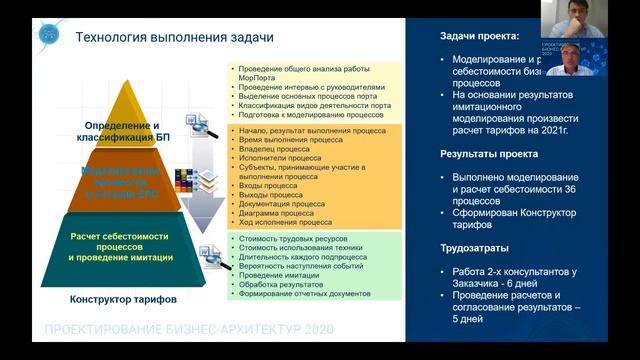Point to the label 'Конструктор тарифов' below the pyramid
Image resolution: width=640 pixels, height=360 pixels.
point(119,299)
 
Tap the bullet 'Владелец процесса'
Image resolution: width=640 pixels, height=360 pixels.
point(273,149)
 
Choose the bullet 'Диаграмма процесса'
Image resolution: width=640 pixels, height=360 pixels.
point(277,212)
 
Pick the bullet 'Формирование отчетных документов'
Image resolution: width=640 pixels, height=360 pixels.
point(304,294)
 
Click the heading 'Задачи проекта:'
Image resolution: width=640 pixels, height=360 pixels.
point(480,36)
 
